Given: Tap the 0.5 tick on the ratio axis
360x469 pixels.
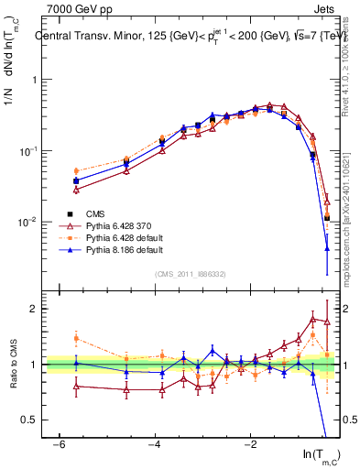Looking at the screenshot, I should pos(29,420).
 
